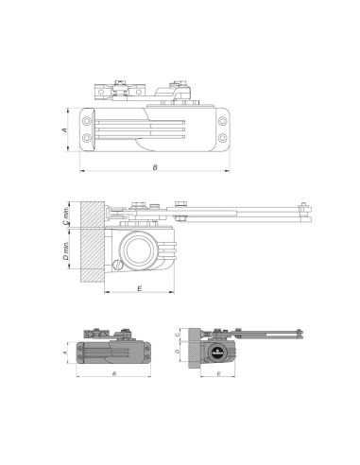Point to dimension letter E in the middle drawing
pos(139,285)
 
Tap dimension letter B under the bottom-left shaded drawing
pos(113,374)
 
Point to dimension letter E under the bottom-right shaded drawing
pos(218,374)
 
